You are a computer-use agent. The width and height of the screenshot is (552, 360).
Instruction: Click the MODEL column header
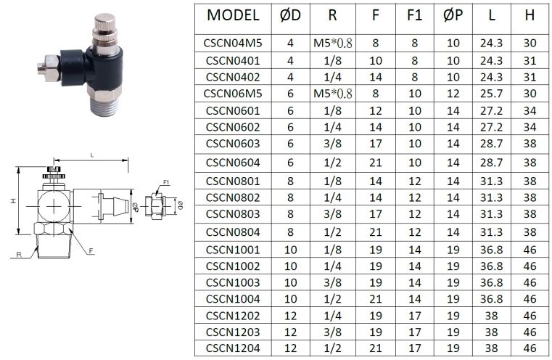point(233,15)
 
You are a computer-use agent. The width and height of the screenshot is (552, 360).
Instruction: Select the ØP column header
point(453,15)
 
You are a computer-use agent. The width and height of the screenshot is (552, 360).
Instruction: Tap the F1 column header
point(414,15)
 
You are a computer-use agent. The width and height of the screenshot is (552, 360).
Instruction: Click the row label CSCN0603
point(233,144)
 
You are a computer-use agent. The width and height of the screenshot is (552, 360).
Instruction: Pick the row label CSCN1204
point(233,348)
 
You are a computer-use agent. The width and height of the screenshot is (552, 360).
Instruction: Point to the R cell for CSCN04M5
point(333,43)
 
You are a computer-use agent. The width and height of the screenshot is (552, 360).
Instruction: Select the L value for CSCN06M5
point(491,94)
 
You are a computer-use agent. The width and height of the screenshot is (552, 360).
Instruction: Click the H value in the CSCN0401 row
point(530,60)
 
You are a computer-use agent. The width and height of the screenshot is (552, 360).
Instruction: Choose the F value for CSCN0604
point(375,163)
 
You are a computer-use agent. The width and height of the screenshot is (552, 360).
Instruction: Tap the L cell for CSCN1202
point(491,316)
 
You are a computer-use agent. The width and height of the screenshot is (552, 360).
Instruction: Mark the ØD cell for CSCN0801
point(290,181)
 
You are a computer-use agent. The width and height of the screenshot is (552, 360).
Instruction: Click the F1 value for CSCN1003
point(414,282)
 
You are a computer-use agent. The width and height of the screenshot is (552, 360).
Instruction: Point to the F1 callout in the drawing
point(166,182)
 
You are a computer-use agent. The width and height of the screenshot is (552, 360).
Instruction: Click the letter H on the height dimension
point(13,201)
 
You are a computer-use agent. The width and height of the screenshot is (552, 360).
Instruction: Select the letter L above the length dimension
point(92,155)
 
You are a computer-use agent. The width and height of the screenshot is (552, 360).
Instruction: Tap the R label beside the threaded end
point(19,254)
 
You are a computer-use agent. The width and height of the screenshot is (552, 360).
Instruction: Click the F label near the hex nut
point(91,251)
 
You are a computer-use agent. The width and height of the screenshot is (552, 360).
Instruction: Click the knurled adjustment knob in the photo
point(105,29)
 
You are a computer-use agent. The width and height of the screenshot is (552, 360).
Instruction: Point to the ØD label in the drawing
point(181,205)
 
